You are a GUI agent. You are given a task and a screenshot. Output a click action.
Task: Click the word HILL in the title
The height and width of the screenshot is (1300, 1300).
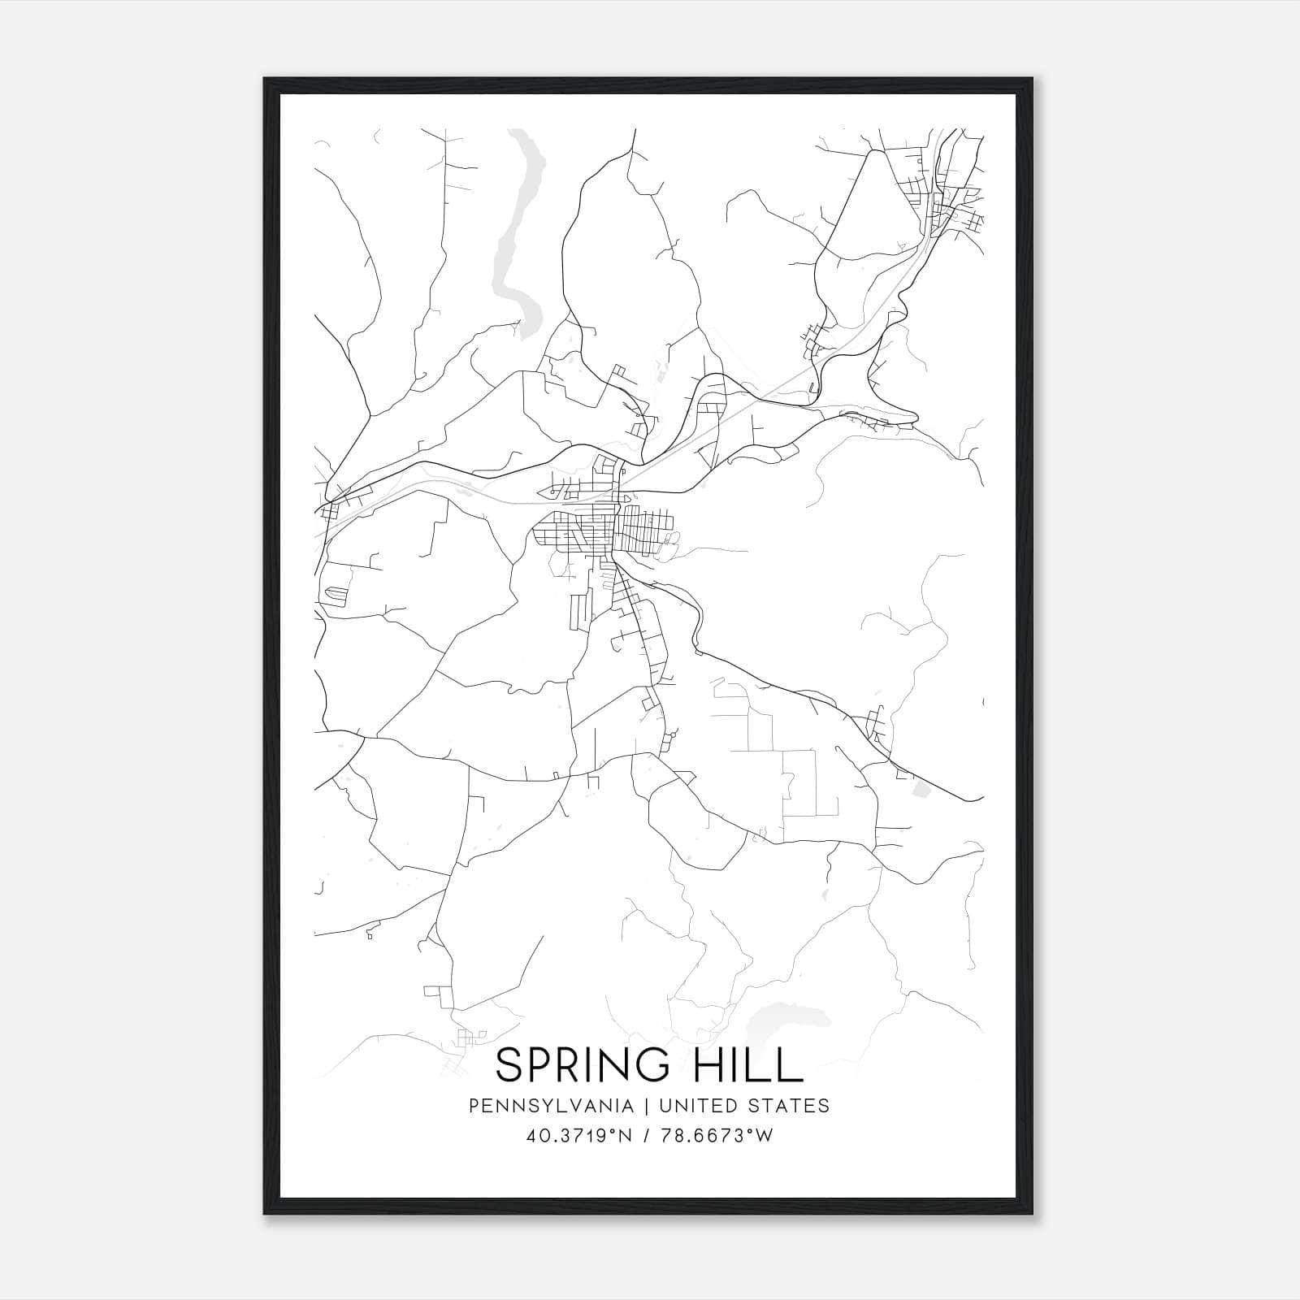point(750,1065)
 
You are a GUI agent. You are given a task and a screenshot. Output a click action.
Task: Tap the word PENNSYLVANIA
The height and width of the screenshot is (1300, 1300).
point(551,1106)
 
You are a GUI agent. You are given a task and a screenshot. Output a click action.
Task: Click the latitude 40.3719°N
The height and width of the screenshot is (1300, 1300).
point(579,1136)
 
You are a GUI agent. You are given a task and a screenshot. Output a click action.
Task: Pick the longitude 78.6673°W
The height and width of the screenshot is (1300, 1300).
point(714,1136)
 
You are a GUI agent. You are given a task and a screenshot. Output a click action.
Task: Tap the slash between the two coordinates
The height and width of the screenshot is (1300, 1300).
point(645,1136)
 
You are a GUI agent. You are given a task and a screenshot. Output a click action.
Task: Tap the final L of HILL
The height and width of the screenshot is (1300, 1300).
point(792,1065)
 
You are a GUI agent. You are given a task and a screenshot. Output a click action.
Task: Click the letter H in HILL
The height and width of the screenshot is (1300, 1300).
point(711,1065)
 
